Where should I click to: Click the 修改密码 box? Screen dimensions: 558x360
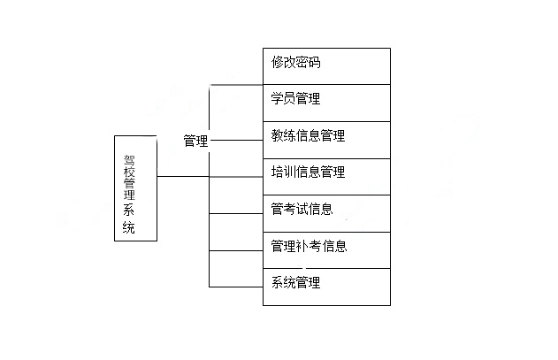pos(326,66)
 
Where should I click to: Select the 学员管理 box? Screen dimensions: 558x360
pos(326,103)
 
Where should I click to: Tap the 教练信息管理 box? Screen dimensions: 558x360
pos(326,140)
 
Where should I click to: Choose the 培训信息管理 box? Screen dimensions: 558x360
pos(326,177)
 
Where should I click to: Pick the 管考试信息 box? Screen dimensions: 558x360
pos(326,213)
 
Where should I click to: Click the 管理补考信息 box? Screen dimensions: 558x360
pos(326,250)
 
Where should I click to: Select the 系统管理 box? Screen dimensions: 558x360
pos(326,287)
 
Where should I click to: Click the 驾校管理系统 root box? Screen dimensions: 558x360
pos(135,188)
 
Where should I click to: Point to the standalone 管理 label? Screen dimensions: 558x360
pos(195,141)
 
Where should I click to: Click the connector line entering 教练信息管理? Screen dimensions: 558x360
pos(237,141)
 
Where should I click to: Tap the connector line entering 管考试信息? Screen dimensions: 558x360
pos(236,214)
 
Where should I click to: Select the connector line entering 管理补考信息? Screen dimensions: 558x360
pos(236,250)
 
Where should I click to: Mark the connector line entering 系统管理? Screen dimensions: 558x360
pos(236,287)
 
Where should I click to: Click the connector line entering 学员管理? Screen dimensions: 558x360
pos(236,85)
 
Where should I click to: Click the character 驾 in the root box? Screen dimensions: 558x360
pos(129,161)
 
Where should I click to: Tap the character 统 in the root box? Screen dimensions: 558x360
pos(129,227)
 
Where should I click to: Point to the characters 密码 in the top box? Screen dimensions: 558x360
pos(308,62)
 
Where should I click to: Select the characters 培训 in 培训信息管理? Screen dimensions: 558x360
pos(283,172)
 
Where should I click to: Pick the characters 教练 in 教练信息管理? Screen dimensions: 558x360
pos(283,135)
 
